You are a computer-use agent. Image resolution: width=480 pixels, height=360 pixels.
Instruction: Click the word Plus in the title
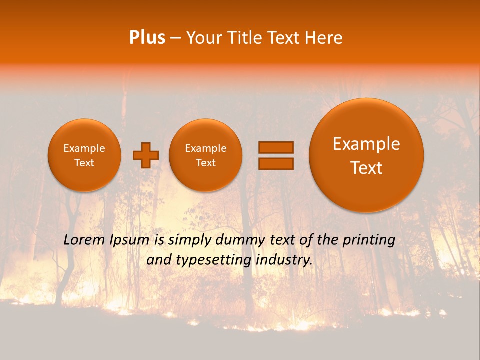point(147,38)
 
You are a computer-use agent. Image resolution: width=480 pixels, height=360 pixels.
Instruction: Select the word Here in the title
point(324,38)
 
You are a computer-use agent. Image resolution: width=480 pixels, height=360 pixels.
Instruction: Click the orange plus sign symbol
point(146,155)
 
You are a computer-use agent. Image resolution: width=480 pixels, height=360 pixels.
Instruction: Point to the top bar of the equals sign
point(275,147)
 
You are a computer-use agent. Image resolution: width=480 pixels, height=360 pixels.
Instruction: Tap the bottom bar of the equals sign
point(275,163)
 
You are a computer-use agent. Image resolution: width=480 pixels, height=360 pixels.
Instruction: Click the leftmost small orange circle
point(84,155)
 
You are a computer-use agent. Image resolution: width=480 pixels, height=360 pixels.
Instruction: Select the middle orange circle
point(205,155)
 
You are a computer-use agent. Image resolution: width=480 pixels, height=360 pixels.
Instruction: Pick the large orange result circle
point(366,155)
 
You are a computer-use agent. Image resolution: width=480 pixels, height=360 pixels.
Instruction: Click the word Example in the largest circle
point(366,144)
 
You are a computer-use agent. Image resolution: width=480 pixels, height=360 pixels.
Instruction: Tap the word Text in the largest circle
point(366,168)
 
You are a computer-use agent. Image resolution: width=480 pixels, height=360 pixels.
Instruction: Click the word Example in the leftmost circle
point(84,148)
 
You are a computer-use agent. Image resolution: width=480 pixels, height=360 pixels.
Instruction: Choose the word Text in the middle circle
point(205,163)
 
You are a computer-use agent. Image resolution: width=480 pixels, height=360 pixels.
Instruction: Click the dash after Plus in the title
point(175,38)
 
